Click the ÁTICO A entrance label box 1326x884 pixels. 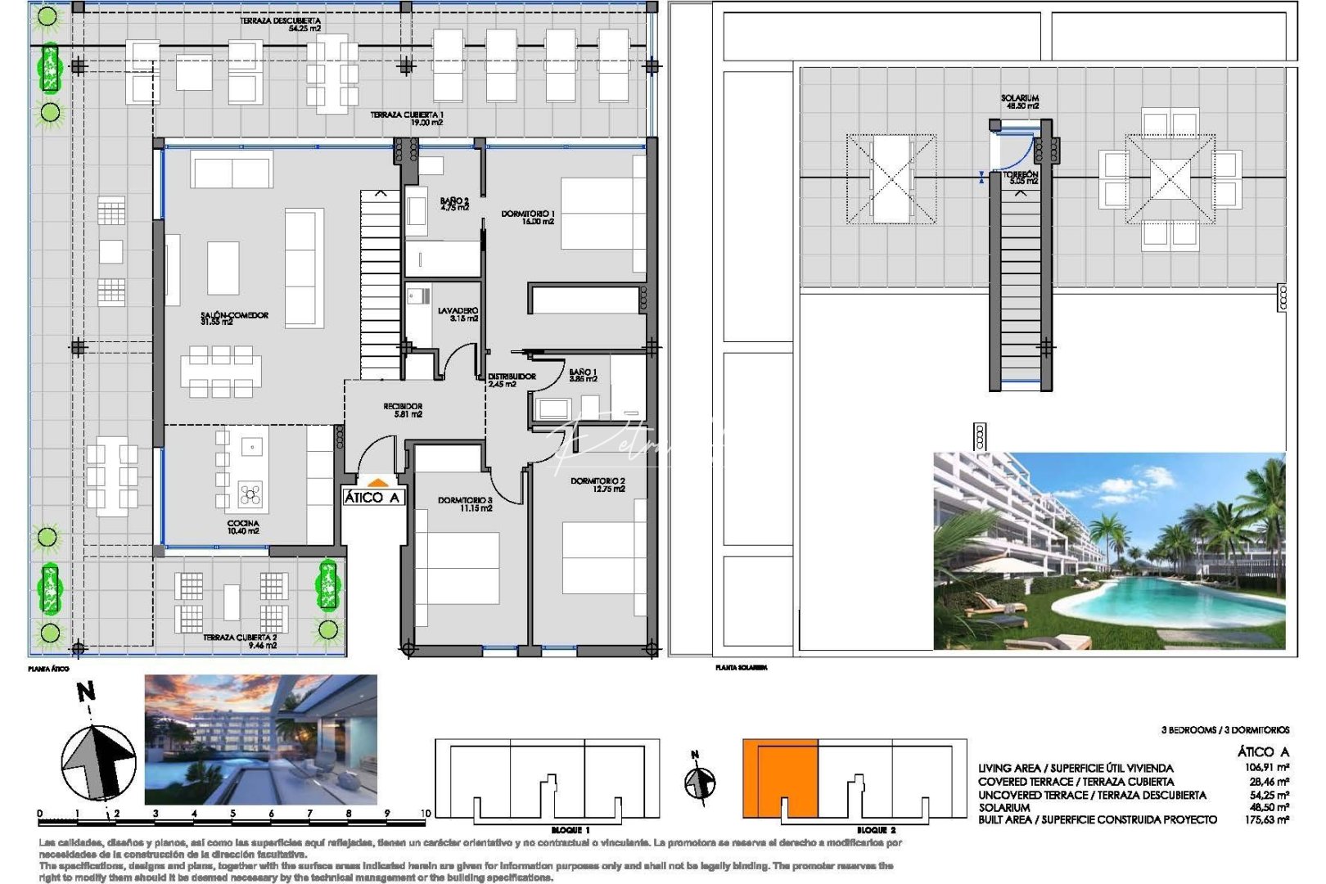(372, 497)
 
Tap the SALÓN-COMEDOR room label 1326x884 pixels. (234, 318)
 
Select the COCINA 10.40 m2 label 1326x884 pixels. (243, 527)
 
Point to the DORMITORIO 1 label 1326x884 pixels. (528, 217)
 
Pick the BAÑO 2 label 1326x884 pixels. (454, 204)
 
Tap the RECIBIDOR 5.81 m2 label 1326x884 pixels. (403, 410)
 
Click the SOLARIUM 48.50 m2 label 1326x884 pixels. (1020, 101)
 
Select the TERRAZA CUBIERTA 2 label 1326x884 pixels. (240, 641)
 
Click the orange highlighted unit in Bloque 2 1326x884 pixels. (780, 778)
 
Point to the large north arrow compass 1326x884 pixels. (98, 761)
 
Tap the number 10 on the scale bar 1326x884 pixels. (425, 814)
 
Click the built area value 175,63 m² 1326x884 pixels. (1267, 819)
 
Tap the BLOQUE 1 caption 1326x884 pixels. (571, 830)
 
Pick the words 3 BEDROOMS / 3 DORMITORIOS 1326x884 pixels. (1225, 729)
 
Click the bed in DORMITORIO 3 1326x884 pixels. (458, 569)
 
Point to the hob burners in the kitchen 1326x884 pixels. (250, 494)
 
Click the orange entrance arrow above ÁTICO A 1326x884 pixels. (376, 483)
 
